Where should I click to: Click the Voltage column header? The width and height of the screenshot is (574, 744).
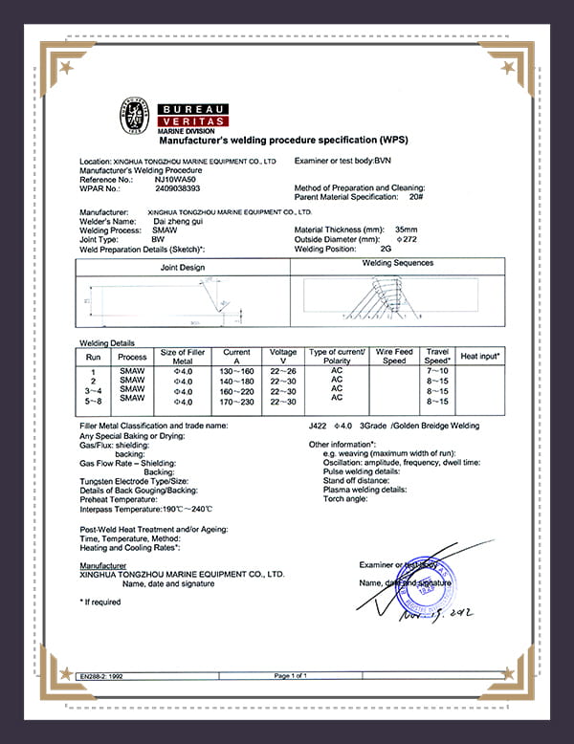tap(283, 356)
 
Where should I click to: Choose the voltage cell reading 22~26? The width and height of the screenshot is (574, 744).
tap(283, 370)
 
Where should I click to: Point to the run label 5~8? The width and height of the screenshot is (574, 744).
tap(93, 402)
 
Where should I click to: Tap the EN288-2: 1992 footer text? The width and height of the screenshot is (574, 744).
tap(103, 676)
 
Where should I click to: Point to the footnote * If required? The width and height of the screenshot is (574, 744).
tap(100, 602)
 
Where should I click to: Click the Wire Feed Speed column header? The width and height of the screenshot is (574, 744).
tap(394, 356)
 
